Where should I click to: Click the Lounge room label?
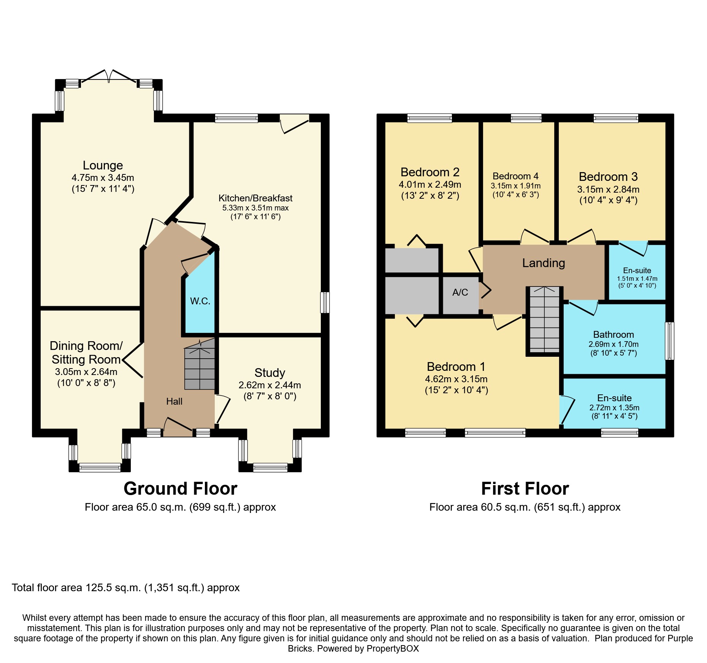coord(103,165)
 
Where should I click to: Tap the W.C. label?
coord(200,301)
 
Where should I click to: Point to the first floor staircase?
coord(545,320)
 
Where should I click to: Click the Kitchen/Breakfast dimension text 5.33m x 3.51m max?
coord(255,208)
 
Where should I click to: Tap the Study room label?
coord(269,373)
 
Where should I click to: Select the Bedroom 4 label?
coord(515,176)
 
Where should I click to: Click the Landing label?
coord(544,263)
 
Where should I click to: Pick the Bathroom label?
coord(613,335)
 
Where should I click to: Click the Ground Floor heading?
coord(181,489)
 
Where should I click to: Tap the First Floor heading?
coord(525,489)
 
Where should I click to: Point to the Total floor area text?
coord(126,588)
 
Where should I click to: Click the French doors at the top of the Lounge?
coord(109,76)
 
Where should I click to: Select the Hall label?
coord(174,401)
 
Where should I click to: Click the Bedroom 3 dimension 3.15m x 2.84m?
coord(608,189)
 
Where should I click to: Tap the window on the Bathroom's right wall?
coord(669,341)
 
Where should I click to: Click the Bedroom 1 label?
coord(456,367)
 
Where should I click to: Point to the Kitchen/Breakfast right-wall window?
coord(325,302)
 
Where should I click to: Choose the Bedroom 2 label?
coord(430,172)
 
